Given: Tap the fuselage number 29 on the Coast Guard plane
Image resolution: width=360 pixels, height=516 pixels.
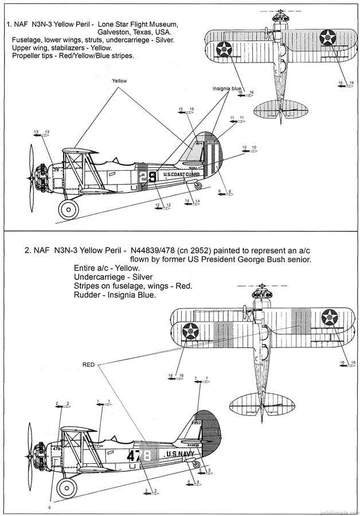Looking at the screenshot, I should coord(148,176).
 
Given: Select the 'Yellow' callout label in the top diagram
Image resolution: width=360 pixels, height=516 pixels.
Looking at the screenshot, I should coord(119,81).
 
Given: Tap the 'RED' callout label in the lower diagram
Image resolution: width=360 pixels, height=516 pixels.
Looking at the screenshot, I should coord(88,364).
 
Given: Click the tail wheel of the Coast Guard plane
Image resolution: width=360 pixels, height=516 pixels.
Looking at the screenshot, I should coord(198,185).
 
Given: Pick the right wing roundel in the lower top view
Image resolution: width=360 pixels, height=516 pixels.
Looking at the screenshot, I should coord(330,317).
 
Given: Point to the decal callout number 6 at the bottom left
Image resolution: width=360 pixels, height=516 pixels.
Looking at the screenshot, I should coord(49,507).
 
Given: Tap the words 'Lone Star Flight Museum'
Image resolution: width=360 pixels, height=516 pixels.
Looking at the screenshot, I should coord(138,25).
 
